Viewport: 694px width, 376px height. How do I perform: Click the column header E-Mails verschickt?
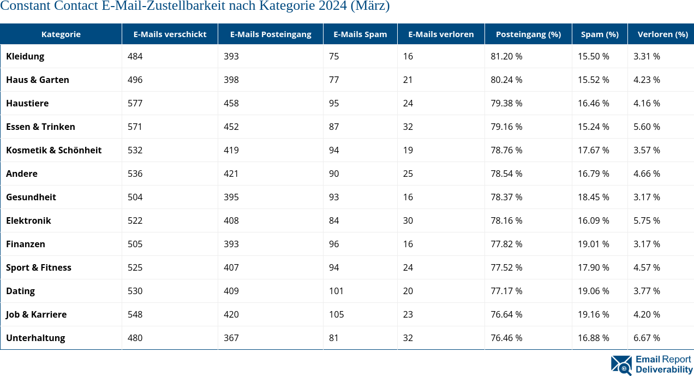pyautogui.click(x=170, y=34)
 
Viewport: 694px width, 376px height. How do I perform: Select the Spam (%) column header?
pyautogui.click(x=599, y=34)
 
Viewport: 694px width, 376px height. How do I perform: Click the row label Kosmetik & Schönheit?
pyautogui.click(x=53, y=150)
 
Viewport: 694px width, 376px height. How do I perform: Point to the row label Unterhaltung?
pyautogui.click(x=35, y=338)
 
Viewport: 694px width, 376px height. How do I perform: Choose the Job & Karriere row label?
pyautogui.click(x=36, y=314)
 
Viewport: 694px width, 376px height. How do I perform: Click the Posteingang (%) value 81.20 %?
pyautogui.click(x=506, y=56)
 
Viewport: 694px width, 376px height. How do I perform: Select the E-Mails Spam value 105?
pyautogui.click(x=336, y=314)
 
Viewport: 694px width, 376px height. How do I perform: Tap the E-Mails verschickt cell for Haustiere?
pyautogui.click(x=135, y=103)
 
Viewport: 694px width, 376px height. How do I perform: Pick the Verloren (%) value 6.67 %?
pyautogui.click(x=647, y=338)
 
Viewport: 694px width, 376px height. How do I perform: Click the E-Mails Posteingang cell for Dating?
pyautogui.click(x=231, y=291)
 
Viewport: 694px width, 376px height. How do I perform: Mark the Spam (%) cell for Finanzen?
pyautogui.click(x=594, y=244)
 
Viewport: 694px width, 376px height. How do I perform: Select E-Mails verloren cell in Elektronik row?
pyautogui.click(x=408, y=220)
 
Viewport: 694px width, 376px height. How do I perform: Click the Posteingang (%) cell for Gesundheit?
pyautogui.click(x=506, y=197)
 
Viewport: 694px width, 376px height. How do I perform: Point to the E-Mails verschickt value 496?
pyautogui.click(x=135, y=80)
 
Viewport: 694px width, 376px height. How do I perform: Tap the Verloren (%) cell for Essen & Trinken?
pyautogui.click(x=647, y=127)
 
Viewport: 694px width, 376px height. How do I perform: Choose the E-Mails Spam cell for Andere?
pyautogui.click(x=334, y=174)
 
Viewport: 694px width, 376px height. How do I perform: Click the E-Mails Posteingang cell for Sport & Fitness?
pyautogui.click(x=231, y=267)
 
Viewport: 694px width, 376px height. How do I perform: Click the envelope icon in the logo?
pyautogui.click(x=621, y=365)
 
